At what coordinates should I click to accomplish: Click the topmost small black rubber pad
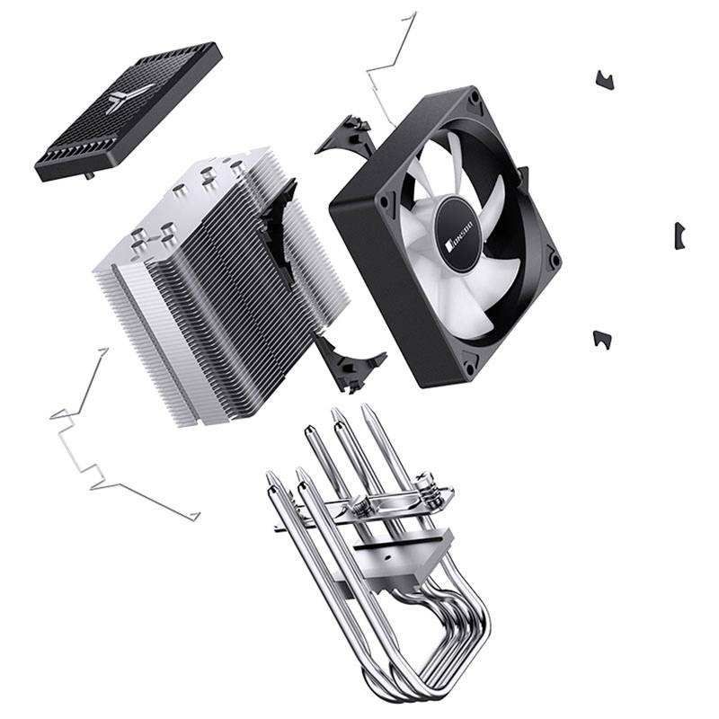point(605,79)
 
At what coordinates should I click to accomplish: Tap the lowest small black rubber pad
point(602,339)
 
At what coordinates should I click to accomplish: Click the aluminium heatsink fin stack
point(216,279)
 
